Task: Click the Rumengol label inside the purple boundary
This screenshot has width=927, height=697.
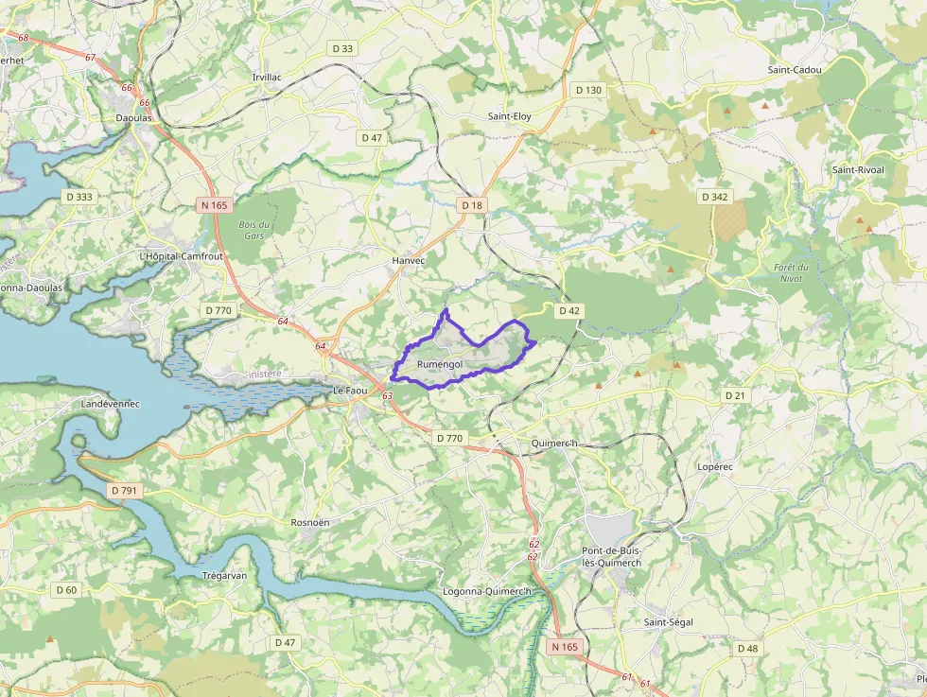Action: point(439,364)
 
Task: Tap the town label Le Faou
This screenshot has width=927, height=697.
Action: point(349,390)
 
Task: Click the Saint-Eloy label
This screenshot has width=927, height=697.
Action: point(509,116)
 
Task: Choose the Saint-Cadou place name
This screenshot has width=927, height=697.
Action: point(795,70)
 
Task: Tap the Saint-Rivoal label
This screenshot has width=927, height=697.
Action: point(858,169)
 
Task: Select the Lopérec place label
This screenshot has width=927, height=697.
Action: point(715,467)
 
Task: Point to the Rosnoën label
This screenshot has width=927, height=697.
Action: point(310,522)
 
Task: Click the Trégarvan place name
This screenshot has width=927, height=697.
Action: point(225,575)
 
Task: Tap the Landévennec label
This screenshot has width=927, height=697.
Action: point(111,404)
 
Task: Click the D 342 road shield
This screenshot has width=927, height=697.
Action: point(715,197)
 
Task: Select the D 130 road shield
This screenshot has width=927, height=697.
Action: point(587,90)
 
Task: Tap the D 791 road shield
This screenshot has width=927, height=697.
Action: point(124,491)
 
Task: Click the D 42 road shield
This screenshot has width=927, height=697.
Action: point(568,310)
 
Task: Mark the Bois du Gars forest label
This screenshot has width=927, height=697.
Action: point(254,229)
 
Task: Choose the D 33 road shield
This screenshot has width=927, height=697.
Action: point(342,48)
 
